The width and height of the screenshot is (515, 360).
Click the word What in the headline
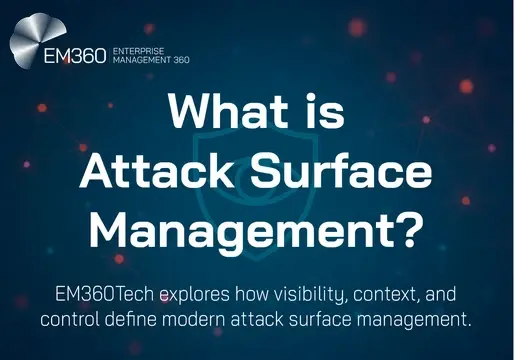(x=221, y=111)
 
